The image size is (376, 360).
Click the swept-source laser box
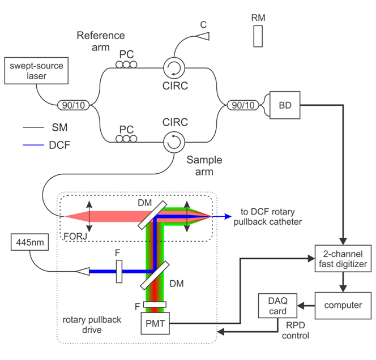[x=36, y=71]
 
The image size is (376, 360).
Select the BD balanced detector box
[x=285, y=105]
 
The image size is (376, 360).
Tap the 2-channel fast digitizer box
[x=343, y=258]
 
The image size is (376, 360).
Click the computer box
[x=343, y=306]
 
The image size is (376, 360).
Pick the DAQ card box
[x=277, y=306]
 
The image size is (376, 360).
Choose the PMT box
[x=155, y=323]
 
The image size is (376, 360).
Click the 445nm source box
[x=30, y=242]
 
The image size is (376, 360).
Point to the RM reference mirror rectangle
[x=258, y=36]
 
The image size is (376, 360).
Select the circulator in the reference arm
[x=174, y=68]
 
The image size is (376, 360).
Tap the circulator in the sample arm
[x=174, y=142]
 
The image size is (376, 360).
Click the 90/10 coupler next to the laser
[x=74, y=105]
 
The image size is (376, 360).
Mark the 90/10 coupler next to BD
[x=243, y=105]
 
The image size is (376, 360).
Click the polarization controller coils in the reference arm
[x=126, y=65]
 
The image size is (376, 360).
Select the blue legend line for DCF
[x=33, y=145]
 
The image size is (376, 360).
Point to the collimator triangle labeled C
[x=203, y=36]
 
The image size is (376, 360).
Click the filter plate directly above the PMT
[x=155, y=305]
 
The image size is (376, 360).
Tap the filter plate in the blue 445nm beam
[x=119, y=272]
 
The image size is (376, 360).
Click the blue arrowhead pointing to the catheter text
[x=228, y=217]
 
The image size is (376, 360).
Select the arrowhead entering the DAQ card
[x=301, y=306]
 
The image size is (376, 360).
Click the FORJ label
[x=75, y=237]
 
